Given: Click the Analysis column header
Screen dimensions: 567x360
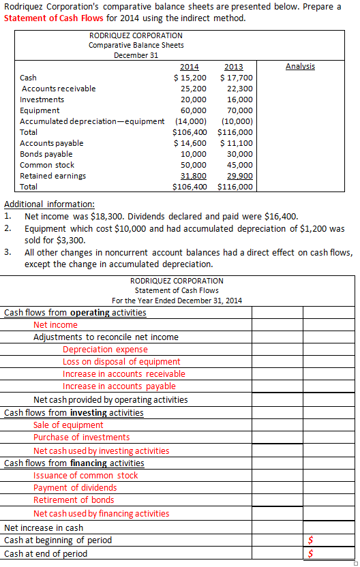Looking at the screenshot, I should coord(300,66).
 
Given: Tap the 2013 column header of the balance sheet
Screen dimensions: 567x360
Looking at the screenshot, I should coord(233,67).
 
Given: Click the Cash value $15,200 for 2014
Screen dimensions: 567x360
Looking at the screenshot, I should coord(190,78).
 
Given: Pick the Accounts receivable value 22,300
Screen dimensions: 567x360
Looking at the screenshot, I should coord(239,89).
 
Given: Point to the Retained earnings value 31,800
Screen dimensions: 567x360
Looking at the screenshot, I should coord(193,175).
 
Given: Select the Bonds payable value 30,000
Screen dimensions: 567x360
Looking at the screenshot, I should coord(239,154).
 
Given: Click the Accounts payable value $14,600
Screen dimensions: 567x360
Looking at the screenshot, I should coord(190,143).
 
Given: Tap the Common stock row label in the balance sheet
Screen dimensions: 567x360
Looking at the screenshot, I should coord(47,165).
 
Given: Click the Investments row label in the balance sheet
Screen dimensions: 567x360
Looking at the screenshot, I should coord(42,99).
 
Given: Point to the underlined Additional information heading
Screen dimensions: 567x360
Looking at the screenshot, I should coord(50,204).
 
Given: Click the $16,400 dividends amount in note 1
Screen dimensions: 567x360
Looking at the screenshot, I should coord(280,216).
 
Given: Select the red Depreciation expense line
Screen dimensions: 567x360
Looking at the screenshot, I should coord(105,350).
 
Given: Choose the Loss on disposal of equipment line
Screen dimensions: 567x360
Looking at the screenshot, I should coord(121,362).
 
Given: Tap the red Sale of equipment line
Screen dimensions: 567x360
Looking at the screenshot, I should coord(68,425).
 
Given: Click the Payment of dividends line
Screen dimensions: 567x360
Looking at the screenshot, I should coord(75,488).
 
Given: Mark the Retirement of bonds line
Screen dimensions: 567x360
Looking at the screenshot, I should coord(74,500).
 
